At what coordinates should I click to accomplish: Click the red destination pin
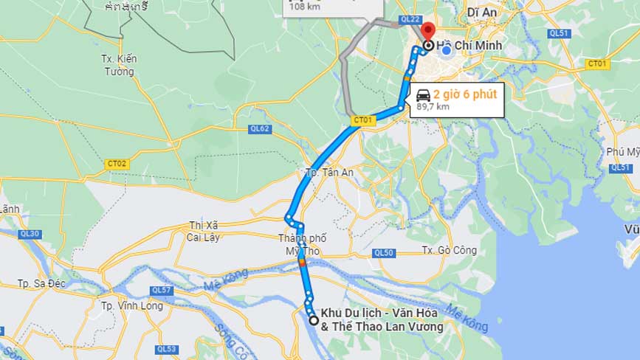tap(428, 32)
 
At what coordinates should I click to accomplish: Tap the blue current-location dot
tap(446, 50)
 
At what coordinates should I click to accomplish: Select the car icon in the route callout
tap(424, 95)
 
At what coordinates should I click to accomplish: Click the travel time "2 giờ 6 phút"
tap(464, 94)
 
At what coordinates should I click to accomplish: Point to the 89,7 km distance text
tap(433, 107)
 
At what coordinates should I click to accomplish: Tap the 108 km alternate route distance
tap(305, 7)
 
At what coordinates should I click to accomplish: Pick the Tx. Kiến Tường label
tap(119, 65)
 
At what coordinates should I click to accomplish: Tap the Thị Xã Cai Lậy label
tap(204, 231)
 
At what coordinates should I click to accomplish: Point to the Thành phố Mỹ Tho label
tap(303, 244)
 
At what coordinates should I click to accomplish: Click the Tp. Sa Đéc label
tap(43, 283)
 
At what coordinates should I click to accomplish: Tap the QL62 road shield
tap(260, 129)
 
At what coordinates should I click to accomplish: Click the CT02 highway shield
tap(117, 164)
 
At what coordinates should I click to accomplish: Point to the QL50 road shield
tap(384, 253)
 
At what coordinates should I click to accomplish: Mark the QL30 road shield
tap(31, 235)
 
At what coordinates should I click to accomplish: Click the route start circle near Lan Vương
tap(314, 320)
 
